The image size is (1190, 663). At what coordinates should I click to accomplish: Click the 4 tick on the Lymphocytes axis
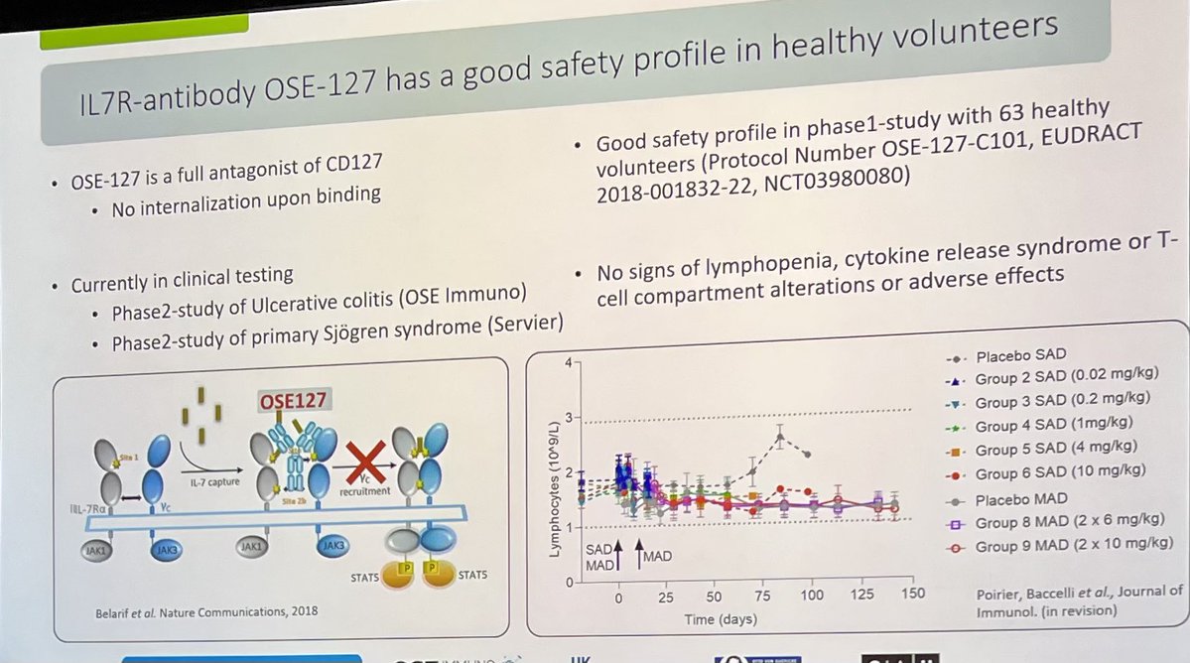(568, 362)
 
